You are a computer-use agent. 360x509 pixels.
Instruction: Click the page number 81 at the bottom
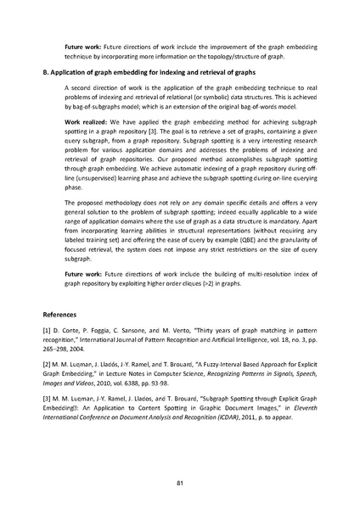coord(180,484)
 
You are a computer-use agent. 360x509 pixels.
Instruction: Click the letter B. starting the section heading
coord(46,74)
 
